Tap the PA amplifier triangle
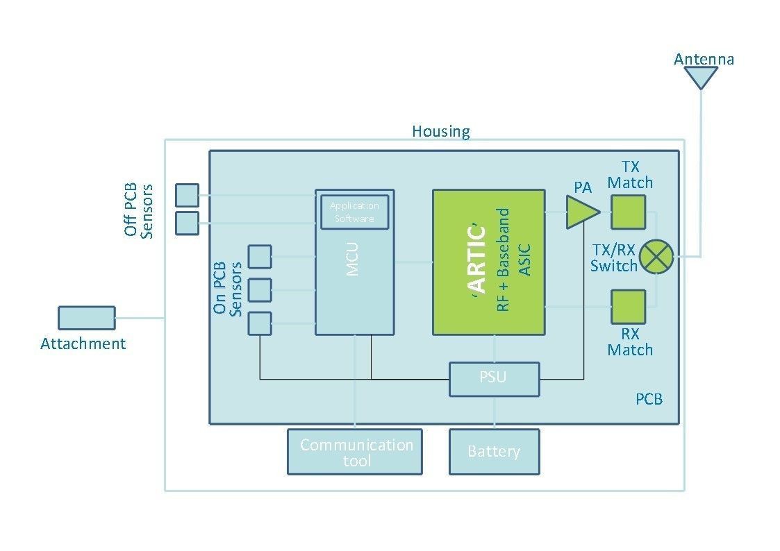click(x=581, y=212)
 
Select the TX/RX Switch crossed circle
click(x=656, y=257)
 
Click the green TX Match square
click(x=629, y=212)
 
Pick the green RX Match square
click(x=629, y=307)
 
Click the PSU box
click(x=494, y=379)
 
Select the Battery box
click(x=494, y=452)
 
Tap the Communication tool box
click(x=355, y=452)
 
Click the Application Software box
click(x=354, y=212)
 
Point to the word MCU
click(x=351, y=259)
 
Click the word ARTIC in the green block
click(x=476, y=260)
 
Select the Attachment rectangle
click(x=87, y=318)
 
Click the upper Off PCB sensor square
click(x=187, y=195)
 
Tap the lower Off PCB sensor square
click(x=187, y=223)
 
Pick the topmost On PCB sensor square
click(x=260, y=257)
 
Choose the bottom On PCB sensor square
click(x=260, y=323)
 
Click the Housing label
click(x=441, y=132)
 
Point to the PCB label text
click(x=649, y=399)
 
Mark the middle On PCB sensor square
click(x=260, y=290)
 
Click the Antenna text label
click(x=704, y=59)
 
